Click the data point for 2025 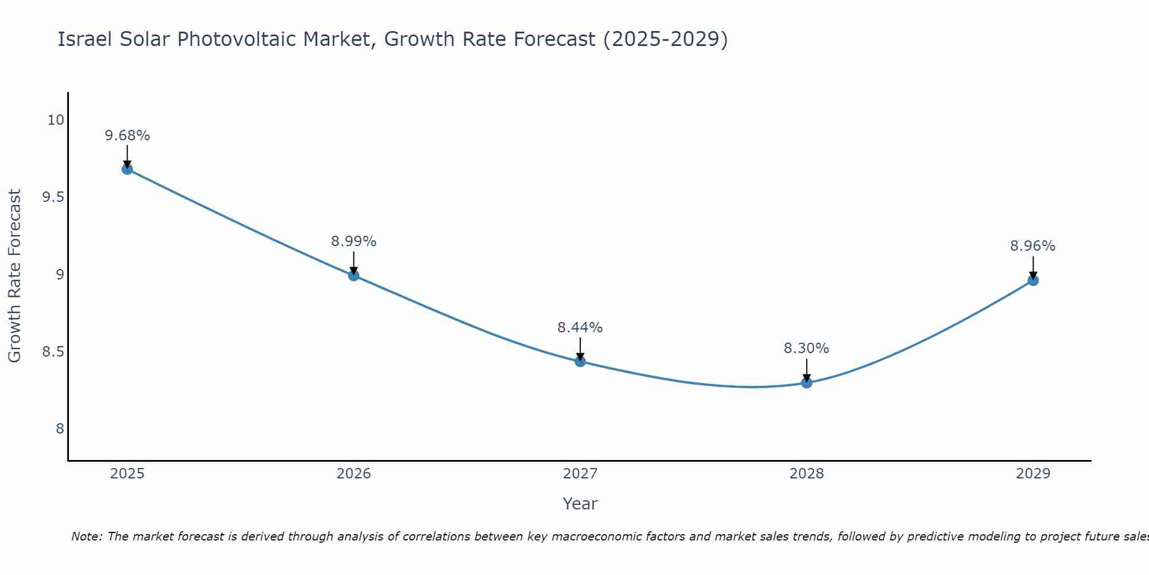pos(127,169)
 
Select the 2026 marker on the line pos(354,275)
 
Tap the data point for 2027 pos(580,361)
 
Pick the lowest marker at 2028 pos(807,382)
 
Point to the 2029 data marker pos(1033,281)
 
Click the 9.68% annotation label pos(127,136)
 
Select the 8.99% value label pos(354,241)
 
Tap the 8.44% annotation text pos(580,328)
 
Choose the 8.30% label pos(807,348)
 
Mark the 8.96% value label pos(1033,246)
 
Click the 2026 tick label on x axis pos(354,474)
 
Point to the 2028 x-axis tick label pos(807,474)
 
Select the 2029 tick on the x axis pos(1033,474)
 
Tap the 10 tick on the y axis pos(56,120)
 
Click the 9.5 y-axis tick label pos(53,197)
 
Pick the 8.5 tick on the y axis pos(53,351)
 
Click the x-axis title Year pos(580,504)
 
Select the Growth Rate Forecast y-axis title pos(14,276)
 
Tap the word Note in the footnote pos(86,536)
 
